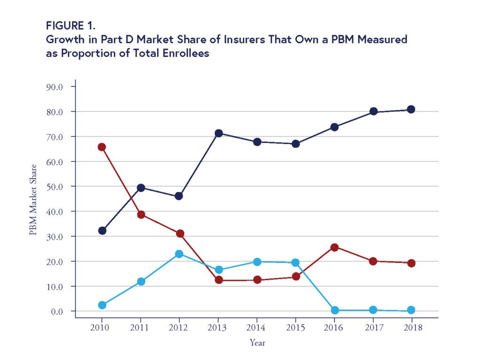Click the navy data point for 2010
tap(102, 231)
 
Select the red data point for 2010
tap(102, 147)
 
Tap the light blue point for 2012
tap(179, 254)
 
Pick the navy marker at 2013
tap(218, 133)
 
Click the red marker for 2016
tap(335, 247)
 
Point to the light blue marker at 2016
tap(335, 310)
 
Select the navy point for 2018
tap(411, 109)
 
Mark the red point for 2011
tap(141, 215)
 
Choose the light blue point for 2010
tap(102, 305)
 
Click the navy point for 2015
tap(296, 144)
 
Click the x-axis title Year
tap(257, 343)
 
